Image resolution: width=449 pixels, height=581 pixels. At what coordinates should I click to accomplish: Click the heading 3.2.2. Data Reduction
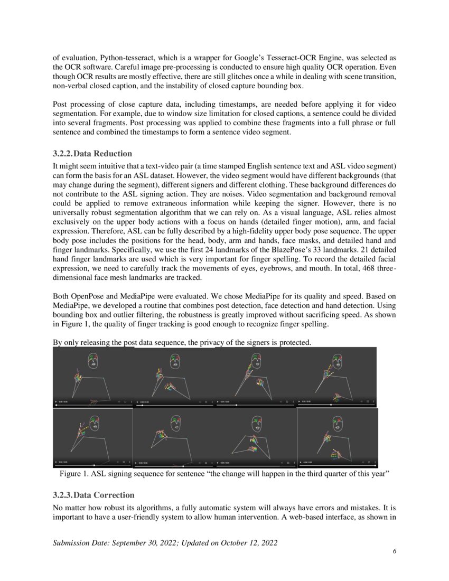[92, 154]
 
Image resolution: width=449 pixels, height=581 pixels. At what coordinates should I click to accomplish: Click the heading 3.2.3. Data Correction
[93, 495]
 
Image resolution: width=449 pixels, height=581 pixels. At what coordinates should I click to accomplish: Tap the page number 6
[394, 551]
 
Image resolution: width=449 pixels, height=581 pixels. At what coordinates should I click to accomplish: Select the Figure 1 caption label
[73, 474]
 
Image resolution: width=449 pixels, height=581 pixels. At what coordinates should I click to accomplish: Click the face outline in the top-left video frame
[93, 361]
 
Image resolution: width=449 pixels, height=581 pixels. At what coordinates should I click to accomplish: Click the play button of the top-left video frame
[56, 402]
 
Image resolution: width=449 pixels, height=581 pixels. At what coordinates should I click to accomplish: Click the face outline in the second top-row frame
[174, 362]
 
